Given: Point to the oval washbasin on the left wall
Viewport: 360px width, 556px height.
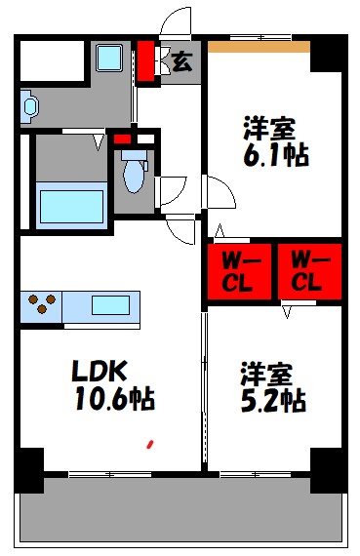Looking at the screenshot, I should [28, 106].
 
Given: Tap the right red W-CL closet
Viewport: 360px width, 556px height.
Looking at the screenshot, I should [308, 271].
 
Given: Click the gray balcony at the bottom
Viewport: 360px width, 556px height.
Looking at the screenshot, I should [180, 513].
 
